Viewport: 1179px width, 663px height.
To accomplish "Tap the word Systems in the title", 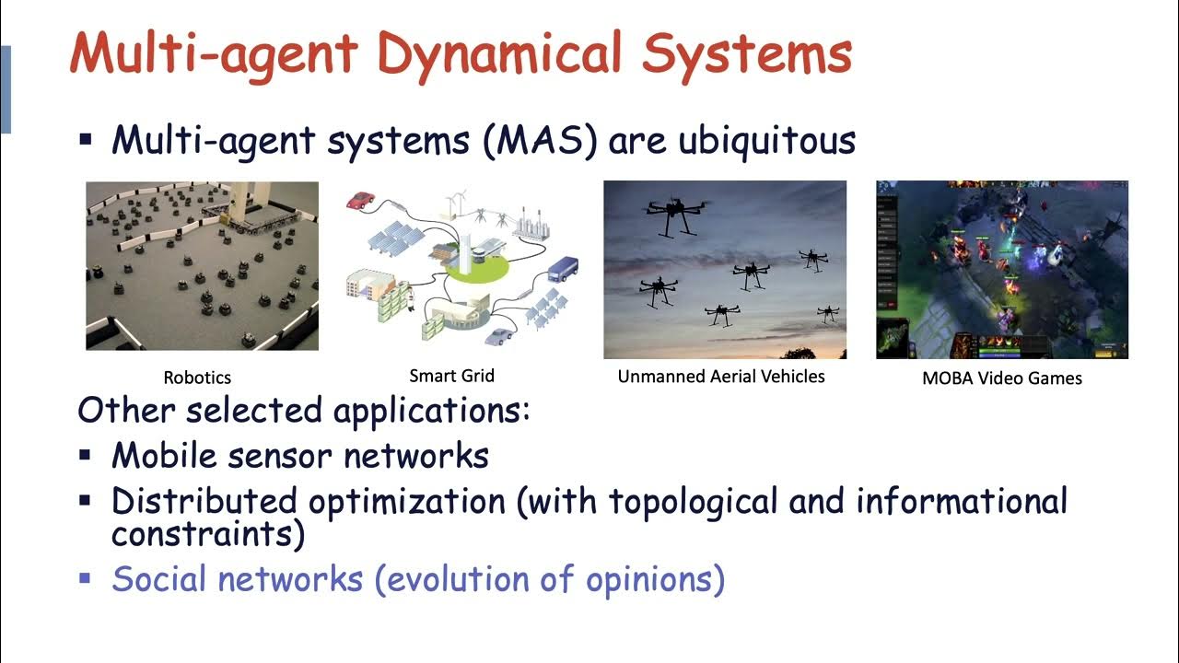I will (747, 53).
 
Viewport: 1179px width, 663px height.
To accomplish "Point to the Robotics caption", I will (197, 378).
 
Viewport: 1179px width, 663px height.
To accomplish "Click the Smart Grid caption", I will (451, 376).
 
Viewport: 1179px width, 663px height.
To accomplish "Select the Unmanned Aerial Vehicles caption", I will (721, 376).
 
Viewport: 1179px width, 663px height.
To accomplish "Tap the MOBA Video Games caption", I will (1001, 378).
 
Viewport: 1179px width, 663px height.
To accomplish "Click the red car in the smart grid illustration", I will (359, 200).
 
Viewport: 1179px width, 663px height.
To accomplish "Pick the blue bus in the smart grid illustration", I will (563, 268).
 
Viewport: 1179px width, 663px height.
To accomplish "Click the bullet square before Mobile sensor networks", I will (86, 455).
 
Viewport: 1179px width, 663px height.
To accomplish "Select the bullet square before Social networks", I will (86, 579).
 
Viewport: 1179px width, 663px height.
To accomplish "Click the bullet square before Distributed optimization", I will (86, 502).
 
